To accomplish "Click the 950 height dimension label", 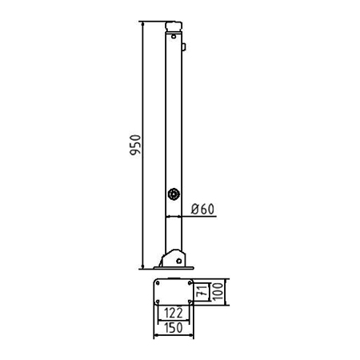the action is (x=135, y=145).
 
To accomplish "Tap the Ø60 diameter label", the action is (x=202, y=209).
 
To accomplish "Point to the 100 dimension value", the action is (x=218, y=291).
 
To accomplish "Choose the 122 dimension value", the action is (x=174, y=313).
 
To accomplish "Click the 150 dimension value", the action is (x=174, y=328).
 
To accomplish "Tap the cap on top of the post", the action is (x=174, y=26).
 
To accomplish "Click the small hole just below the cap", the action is (x=174, y=36).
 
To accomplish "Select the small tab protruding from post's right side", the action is (x=184, y=47).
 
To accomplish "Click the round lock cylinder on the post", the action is (x=174, y=194).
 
